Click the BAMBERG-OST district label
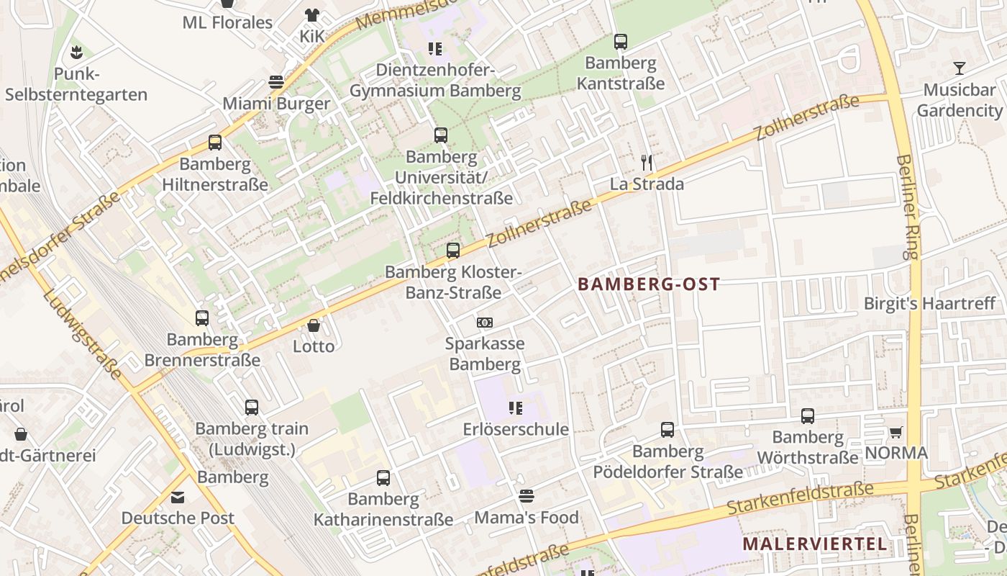coord(649,284)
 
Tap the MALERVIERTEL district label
coord(815,544)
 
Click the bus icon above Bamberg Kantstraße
coord(620,42)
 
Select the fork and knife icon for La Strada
coord(647,163)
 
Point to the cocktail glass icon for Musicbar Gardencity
coord(959,68)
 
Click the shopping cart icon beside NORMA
coord(896,432)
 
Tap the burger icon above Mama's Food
coord(527,496)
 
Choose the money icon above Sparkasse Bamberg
coord(485,323)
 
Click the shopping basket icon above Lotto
coord(314,325)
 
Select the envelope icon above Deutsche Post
coord(178,497)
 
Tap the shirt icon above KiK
coord(311,14)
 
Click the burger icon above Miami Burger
coord(276,81)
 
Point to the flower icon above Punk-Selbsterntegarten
coord(76,52)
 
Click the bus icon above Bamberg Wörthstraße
coord(808,415)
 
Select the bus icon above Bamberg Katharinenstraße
coord(383,477)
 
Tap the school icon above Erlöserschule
coord(515,408)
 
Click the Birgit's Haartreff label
coord(929,303)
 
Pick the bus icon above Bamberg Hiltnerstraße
coord(215,143)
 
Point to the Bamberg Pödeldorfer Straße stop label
coord(667,462)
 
